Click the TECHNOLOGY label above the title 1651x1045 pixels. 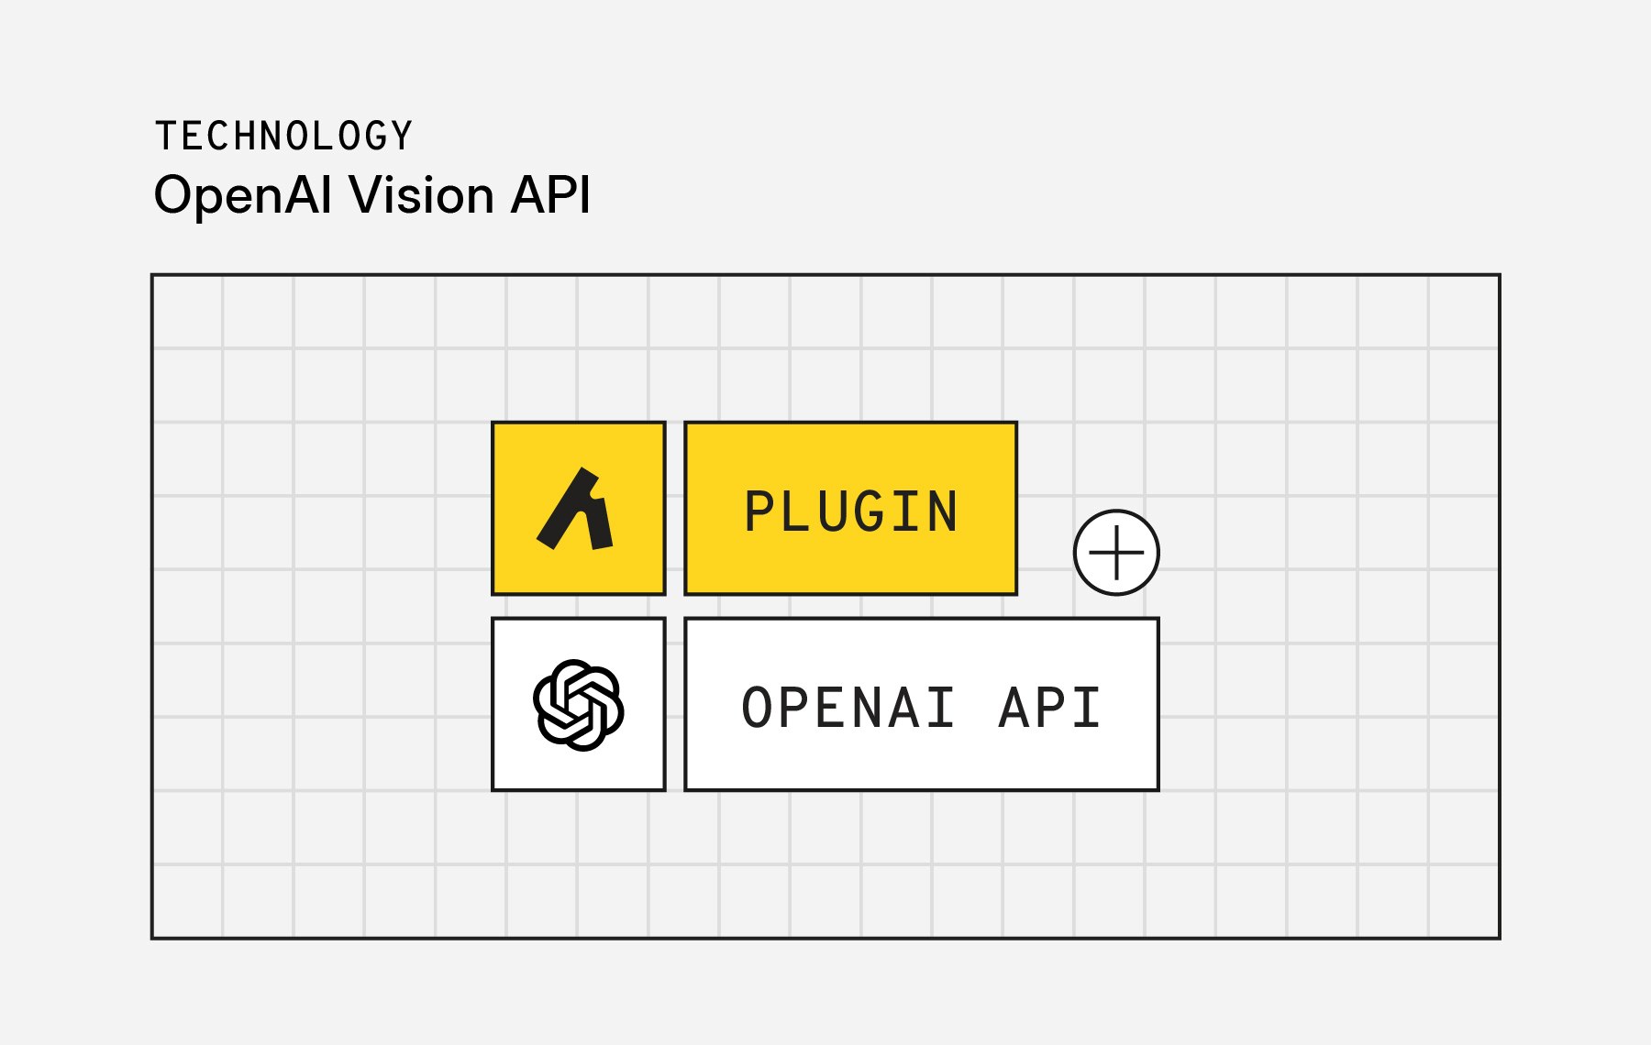coord(283,137)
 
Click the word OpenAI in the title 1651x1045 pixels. coord(243,195)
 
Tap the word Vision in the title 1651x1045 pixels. coord(422,195)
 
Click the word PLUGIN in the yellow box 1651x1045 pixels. coord(851,511)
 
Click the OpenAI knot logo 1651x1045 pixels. coord(579,705)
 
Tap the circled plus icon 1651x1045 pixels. coord(1116,553)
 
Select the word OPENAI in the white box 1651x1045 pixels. coord(848,709)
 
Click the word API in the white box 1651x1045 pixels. coord(1050,709)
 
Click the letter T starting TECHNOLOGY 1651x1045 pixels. coord(165,137)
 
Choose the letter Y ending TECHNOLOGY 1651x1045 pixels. coord(402,137)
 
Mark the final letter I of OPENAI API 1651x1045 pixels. coord(1089,709)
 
